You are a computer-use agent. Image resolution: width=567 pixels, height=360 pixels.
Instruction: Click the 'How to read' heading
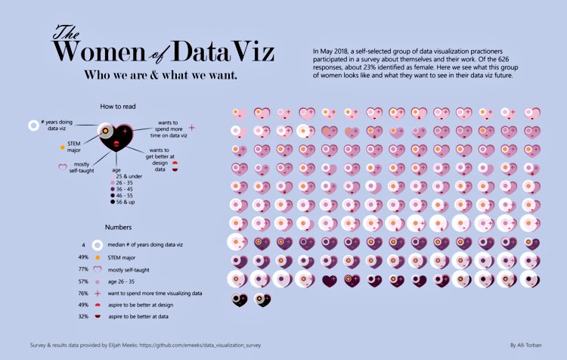(x=116, y=107)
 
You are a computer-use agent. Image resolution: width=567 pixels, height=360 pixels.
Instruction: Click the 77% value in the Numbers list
(x=85, y=268)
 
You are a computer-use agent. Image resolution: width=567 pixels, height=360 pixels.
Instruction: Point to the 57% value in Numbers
(x=85, y=280)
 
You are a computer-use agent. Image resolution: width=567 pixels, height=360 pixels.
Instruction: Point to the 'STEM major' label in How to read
(x=74, y=145)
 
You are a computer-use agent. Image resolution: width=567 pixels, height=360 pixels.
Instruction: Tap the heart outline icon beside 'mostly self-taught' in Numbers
(x=97, y=268)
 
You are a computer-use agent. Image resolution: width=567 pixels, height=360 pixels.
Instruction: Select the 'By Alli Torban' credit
(x=528, y=345)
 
